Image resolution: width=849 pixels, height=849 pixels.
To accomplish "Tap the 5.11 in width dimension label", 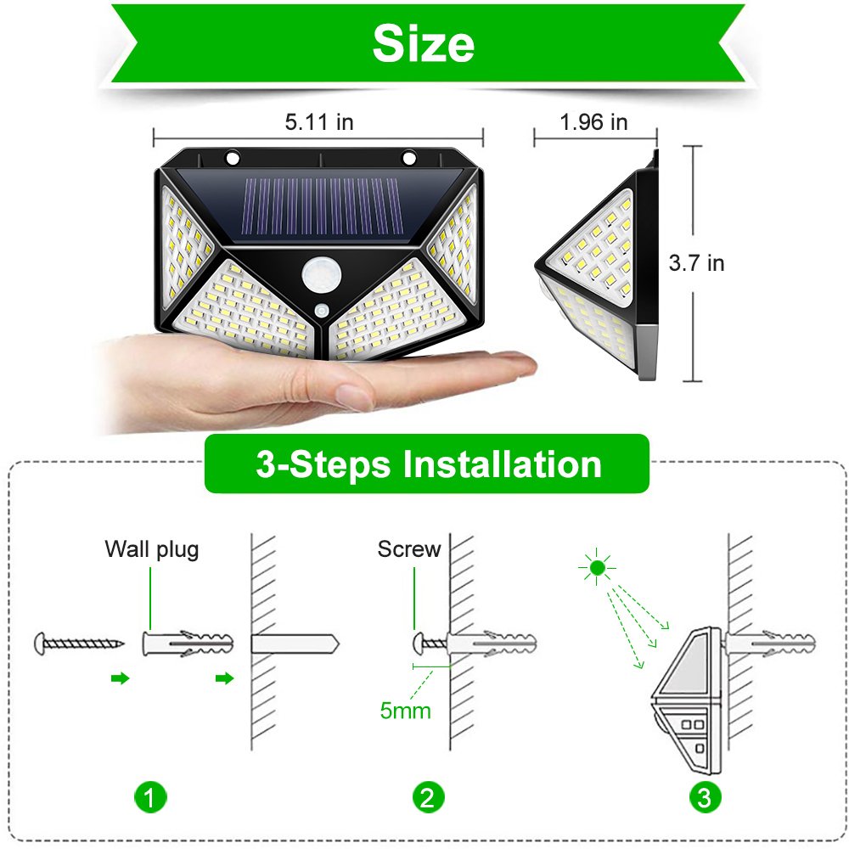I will pos(318,122).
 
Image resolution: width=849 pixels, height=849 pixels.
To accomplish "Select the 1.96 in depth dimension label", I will pos(593,122).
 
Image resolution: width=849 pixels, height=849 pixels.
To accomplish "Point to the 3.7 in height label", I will pos(696,263).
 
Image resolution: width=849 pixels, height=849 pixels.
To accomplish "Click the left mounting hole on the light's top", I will pos(232,158).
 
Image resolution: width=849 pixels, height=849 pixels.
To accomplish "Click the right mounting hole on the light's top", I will pos(409,158).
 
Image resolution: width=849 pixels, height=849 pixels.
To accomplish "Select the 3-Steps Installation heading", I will pos(427,464).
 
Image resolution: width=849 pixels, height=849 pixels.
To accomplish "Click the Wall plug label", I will pos(152,549).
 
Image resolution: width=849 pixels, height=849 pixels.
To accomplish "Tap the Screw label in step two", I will pos(409,549).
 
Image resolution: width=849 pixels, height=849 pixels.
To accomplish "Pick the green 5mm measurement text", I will pos(405,710).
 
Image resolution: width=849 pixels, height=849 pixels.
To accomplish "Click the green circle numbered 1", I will pos(150,797).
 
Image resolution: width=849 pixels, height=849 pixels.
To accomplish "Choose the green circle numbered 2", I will pos(427,797).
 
